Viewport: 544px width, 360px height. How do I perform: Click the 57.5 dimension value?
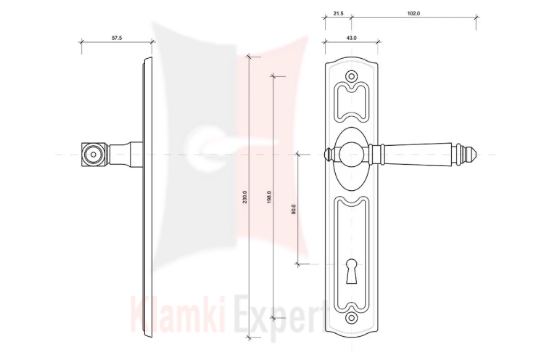pos(117,38)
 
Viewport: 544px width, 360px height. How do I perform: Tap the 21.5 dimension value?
pos(338,14)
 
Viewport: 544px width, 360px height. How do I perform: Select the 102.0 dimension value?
pos(413,14)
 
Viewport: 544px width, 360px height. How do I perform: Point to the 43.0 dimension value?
pos(352,38)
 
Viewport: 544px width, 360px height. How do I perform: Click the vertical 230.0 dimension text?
pos(244,197)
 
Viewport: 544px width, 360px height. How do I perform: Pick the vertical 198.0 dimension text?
pos(269,197)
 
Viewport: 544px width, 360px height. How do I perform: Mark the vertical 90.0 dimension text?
pos(294,209)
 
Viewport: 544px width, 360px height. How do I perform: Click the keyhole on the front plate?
pos(352,271)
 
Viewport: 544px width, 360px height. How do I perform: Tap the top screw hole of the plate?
pos(352,76)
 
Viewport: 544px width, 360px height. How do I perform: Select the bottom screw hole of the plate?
pos(352,318)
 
